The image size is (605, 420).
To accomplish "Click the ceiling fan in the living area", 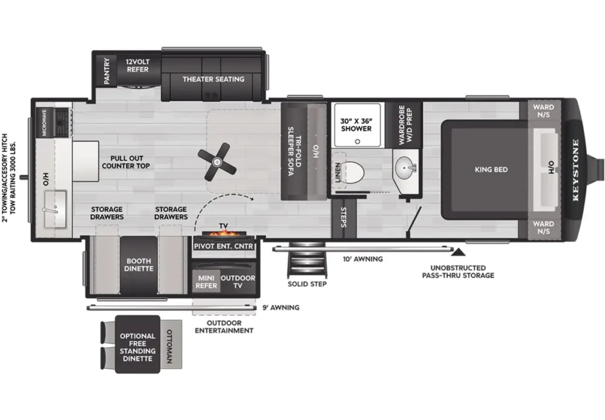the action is point(217,162).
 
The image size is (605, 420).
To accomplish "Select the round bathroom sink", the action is point(405,168).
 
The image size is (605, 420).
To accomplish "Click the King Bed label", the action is point(491,169).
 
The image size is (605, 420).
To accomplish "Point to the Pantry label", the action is point(107,71).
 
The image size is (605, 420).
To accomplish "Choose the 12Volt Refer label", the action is point(138,65).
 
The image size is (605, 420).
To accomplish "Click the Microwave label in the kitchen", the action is point(44,122).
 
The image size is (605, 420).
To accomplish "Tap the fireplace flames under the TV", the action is point(226,234).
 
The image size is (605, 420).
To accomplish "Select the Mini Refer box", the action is point(206,282).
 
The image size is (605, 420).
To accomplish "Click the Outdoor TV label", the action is point(238,282).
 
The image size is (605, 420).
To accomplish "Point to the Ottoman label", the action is point(169,346).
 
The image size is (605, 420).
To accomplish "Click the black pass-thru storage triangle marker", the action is point(458,252).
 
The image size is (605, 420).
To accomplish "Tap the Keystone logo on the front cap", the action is point(576,170).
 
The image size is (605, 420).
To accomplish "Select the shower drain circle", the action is point(358,142).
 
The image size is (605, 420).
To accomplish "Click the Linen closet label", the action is point(338,172).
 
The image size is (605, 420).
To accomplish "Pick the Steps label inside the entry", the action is point(344,217).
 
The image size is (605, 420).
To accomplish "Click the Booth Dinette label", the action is point(139,265).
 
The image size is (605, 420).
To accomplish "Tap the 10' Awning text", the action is point(362,259).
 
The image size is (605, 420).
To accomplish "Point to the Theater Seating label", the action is point(214,79).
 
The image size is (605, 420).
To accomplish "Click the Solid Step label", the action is point(307,284).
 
